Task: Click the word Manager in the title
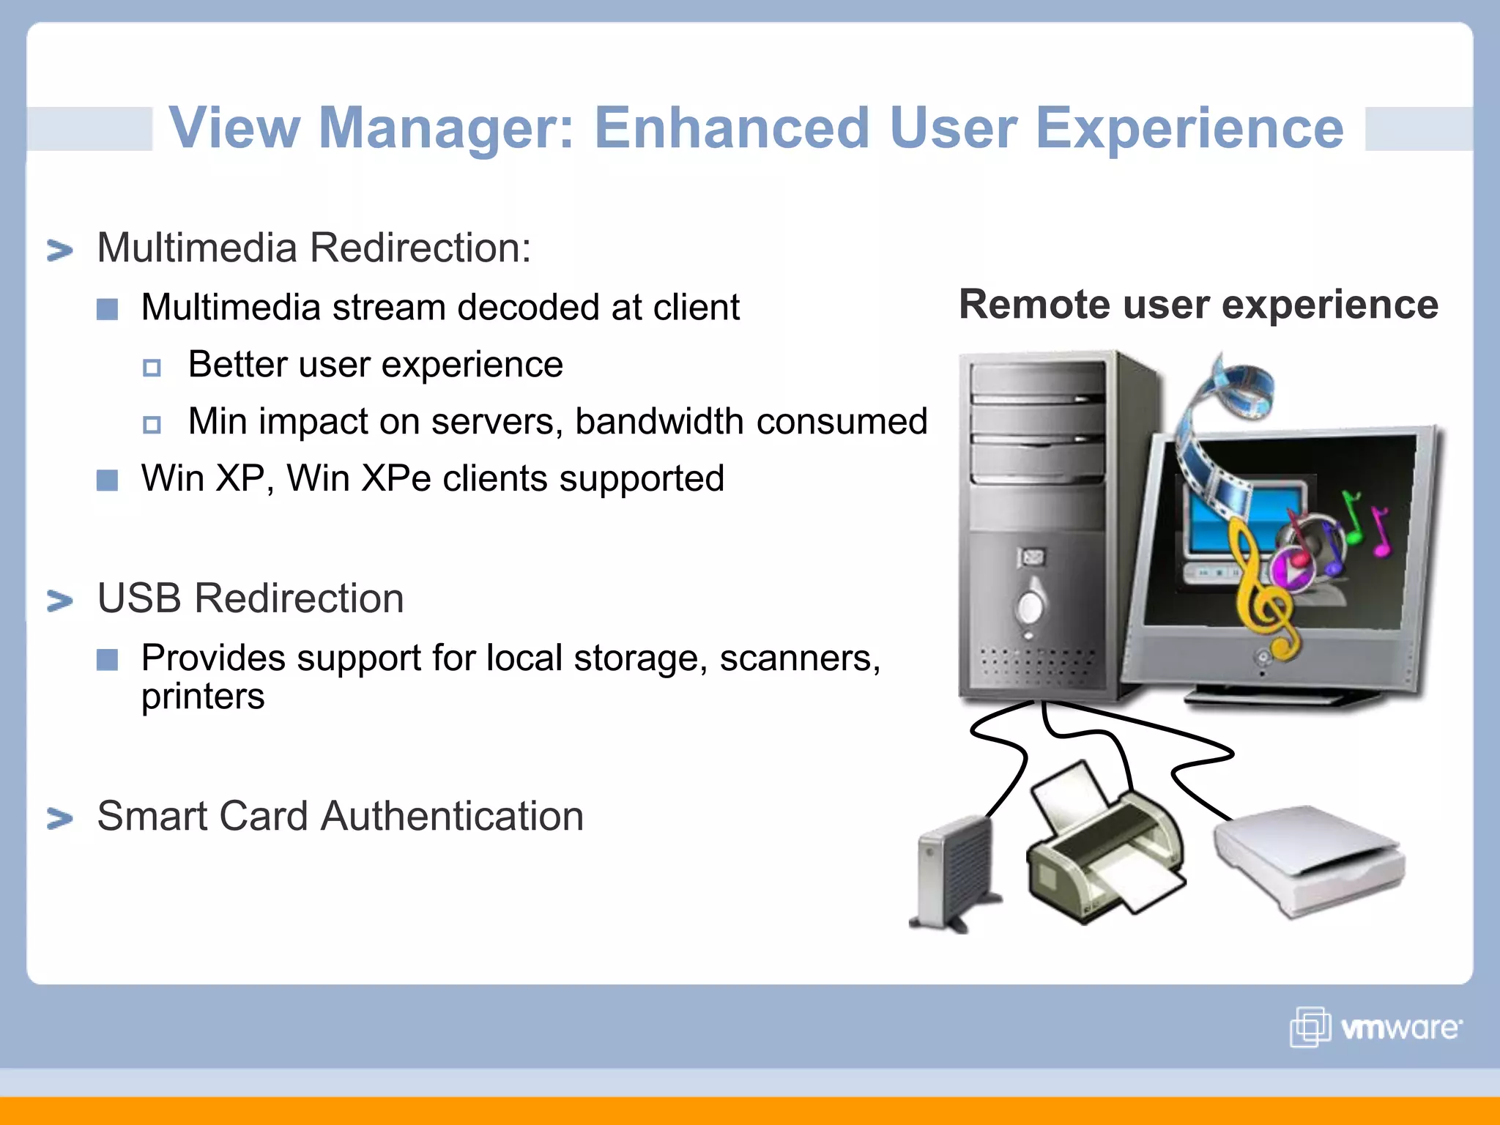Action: (445, 127)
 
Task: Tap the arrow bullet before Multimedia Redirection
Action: (60, 250)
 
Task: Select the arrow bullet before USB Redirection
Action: (60, 601)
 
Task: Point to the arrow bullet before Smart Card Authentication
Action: (60, 818)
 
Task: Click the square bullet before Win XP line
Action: (108, 480)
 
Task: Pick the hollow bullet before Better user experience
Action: (152, 367)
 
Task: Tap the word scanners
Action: (798, 658)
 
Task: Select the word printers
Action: (203, 697)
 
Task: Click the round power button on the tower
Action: (1031, 606)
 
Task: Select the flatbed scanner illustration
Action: (1307, 861)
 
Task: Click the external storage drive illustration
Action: (952, 875)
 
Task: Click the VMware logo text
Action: (1399, 1028)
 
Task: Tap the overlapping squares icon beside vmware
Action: (1310, 1027)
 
